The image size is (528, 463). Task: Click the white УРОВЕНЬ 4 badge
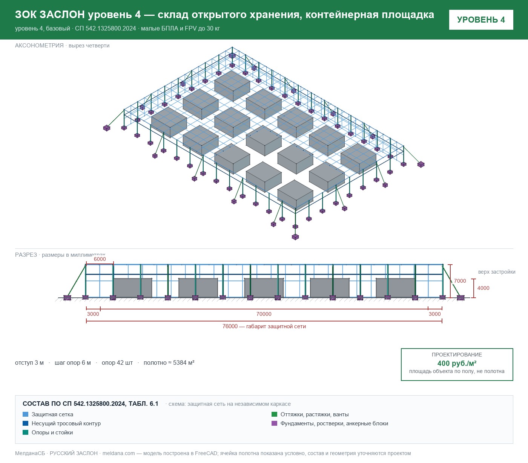(481, 20)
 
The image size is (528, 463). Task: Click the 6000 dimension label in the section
(100, 259)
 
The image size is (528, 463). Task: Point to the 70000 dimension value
(264, 314)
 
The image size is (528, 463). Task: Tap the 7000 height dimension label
(460, 281)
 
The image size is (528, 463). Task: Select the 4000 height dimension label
(483, 288)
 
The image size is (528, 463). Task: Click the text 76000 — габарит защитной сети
(264, 326)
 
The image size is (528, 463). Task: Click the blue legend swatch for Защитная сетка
(26, 414)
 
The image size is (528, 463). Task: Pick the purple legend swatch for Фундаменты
(274, 423)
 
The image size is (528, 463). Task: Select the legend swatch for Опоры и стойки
(26, 433)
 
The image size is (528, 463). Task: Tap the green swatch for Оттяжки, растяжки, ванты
(274, 414)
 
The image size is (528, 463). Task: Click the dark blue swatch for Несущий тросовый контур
(26, 423)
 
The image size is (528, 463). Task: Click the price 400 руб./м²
(457, 363)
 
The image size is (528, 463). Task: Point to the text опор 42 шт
(117, 363)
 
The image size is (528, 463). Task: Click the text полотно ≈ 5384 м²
(169, 362)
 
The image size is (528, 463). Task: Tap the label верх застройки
(497, 272)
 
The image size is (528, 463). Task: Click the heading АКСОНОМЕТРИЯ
(39, 46)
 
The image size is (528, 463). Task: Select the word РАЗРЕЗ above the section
(26, 254)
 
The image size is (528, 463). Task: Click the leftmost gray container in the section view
(133, 288)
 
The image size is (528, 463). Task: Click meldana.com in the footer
(118, 453)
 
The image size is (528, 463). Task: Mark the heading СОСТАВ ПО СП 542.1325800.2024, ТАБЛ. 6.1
(91, 404)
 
